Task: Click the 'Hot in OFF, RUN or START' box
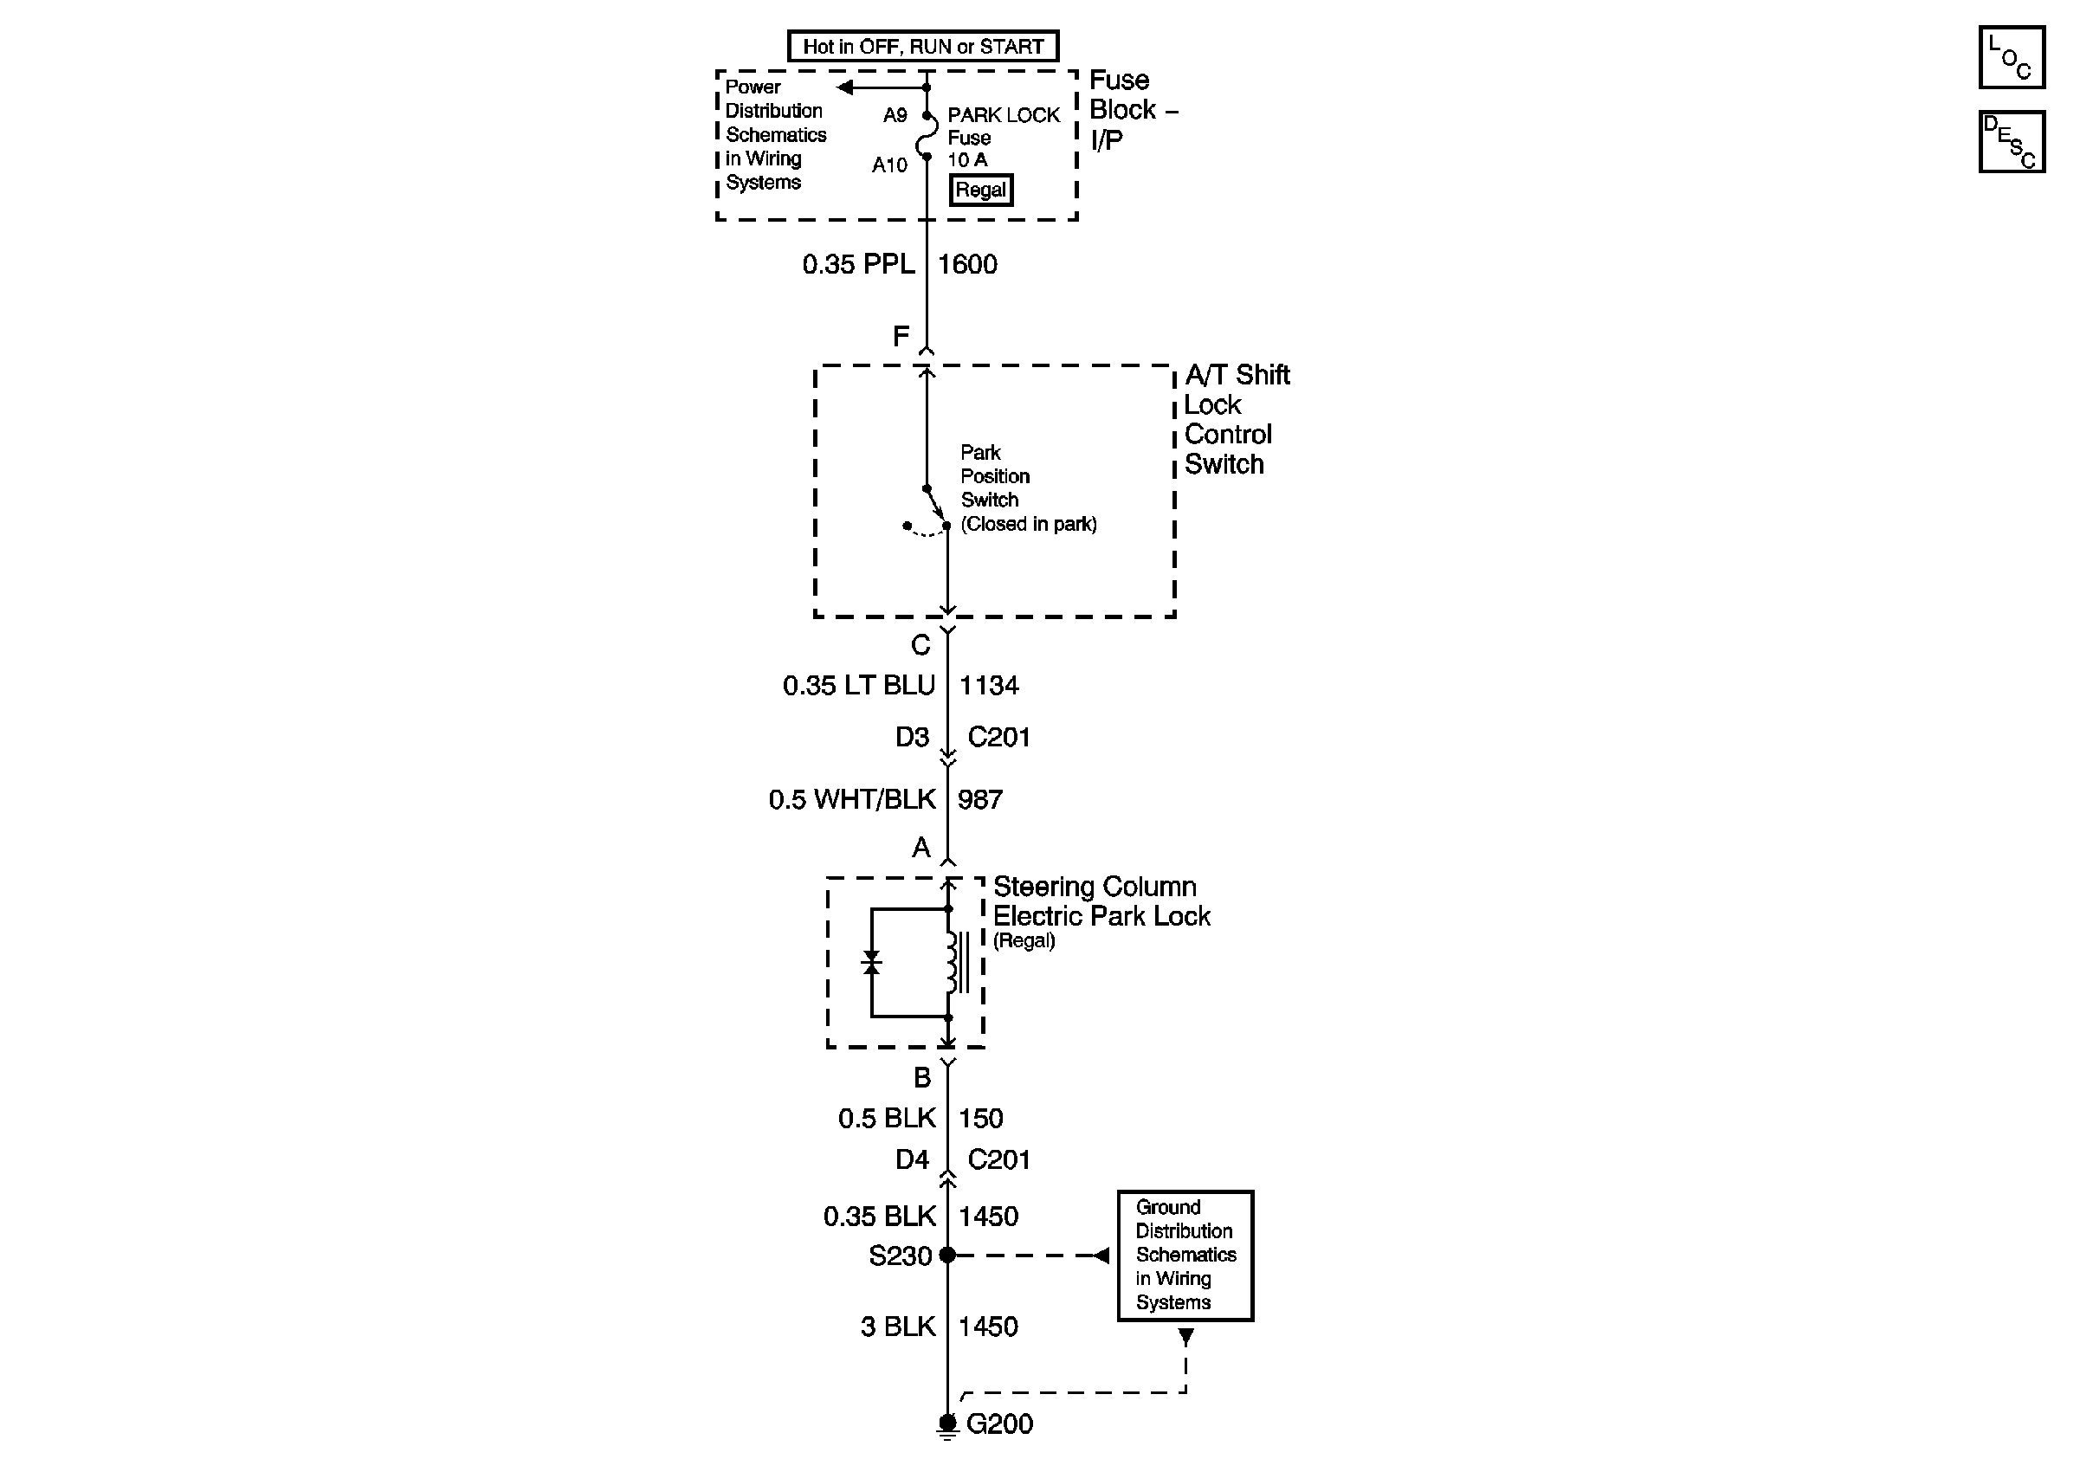[x=922, y=46]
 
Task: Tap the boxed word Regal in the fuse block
[x=980, y=190]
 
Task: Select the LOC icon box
[x=2011, y=57]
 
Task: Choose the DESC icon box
[x=2011, y=141]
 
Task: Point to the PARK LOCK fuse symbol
[x=926, y=137]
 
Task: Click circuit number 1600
[x=966, y=264]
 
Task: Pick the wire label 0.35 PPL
[x=858, y=264]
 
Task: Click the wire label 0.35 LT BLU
[x=858, y=686]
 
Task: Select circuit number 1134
[x=988, y=686]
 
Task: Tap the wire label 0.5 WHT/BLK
[x=851, y=800]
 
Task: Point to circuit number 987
[x=979, y=800]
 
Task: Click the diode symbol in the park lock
[x=871, y=963]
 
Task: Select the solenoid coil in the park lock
[x=953, y=963]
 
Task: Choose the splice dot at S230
[x=946, y=1256]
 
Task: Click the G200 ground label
[x=999, y=1423]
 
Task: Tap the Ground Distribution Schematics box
[x=1185, y=1256]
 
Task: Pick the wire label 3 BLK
[x=897, y=1327]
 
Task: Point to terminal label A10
[x=888, y=165]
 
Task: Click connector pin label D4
[x=911, y=1160]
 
